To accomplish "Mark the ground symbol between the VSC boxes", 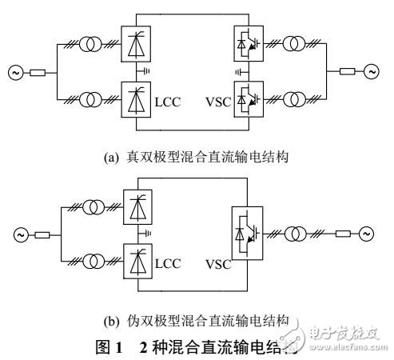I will tap(237, 73).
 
